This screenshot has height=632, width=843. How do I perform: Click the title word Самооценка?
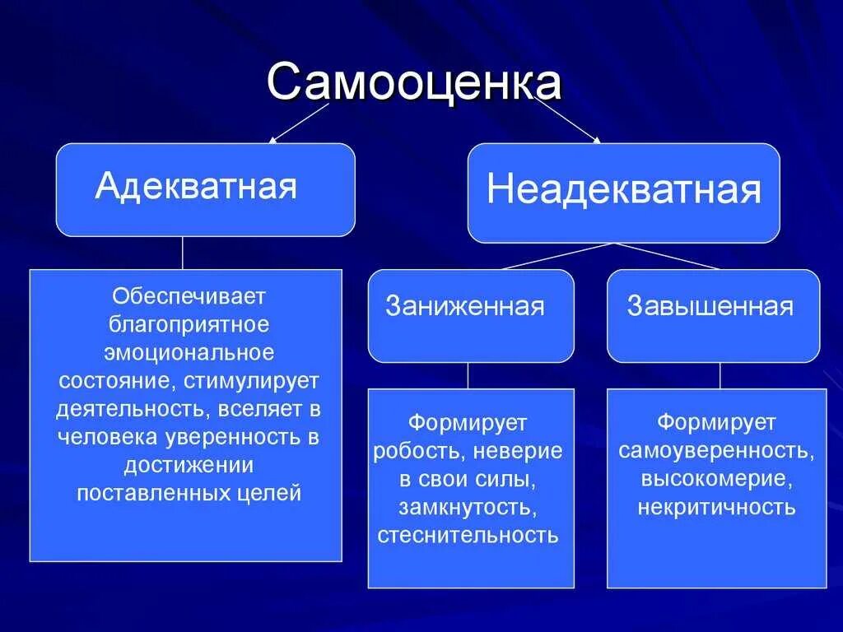[x=414, y=84]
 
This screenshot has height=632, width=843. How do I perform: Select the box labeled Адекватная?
[x=205, y=189]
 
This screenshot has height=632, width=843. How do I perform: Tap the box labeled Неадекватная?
[x=623, y=193]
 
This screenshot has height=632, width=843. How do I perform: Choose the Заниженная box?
[x=470, y=315]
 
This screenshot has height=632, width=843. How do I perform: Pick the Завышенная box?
[x=713, y=315]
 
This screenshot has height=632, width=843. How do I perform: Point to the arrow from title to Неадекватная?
[x=568, y=121]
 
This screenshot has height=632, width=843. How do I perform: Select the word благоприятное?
[x=189, y=323]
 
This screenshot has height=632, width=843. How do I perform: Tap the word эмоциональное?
[x=189, y=352]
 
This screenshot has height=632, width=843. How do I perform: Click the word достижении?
[x=189, y=465]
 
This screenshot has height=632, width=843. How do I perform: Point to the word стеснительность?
[x=468, y=536]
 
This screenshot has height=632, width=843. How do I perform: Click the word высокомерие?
[x=715, y=478]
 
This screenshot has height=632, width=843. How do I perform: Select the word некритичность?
[x=715, y=507]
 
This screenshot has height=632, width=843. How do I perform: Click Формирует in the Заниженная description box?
[x=468, y=422]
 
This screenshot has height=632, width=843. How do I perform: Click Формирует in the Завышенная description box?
[x=715, y=422]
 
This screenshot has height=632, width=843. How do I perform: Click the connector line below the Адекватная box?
[x=183, y=253]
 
